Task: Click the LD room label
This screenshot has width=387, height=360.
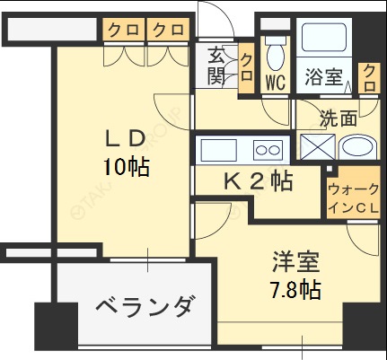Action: (126, 140)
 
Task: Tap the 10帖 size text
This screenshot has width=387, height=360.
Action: (126, 166)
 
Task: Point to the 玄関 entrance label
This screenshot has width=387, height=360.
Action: (217, 65)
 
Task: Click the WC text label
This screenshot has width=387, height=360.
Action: (275, 81)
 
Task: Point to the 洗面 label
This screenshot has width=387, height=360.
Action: (340, 118)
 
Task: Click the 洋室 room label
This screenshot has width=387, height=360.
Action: (297, 264)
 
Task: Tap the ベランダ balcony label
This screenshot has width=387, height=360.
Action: (144, 308)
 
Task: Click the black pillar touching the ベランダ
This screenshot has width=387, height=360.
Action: (50, 330)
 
